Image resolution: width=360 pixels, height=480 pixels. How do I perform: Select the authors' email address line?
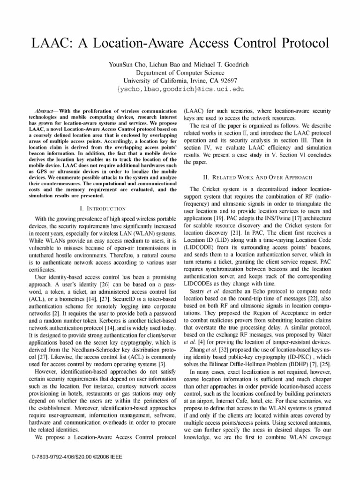(180, 89)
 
